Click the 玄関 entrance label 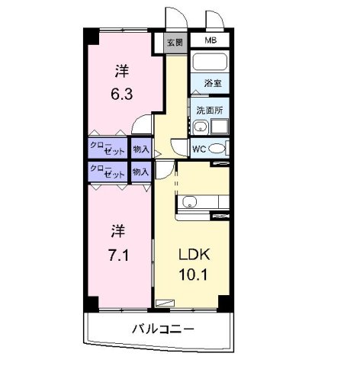pos(174,43)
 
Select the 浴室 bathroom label pos(211,82)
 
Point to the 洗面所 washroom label pos(209,110)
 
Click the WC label pos(198,148)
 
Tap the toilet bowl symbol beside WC pos(218,148)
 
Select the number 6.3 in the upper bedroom pos(122,95)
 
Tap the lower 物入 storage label pos(140,172)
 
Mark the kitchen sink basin pos(190,202)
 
